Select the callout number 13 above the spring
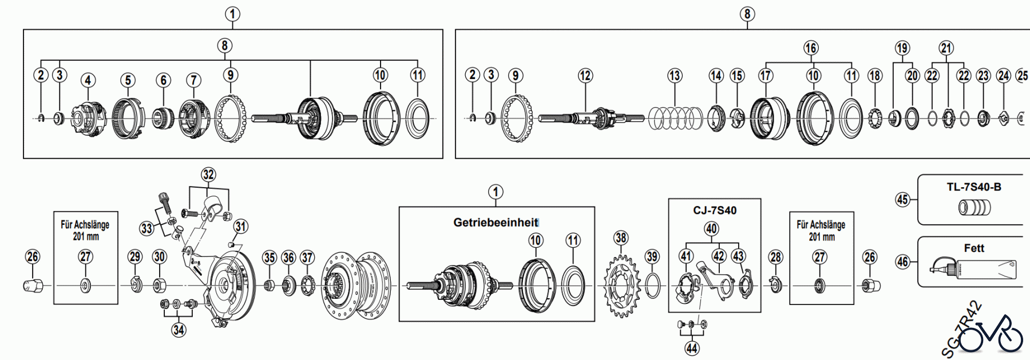coord(675,76)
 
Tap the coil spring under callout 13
coord(675,118)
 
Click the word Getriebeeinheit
coord(496,223)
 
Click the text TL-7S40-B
coord(974,187)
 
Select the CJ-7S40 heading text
coord(715,210)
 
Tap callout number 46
coord(902,262)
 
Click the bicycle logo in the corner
coord(990,335)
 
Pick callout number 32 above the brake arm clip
coord(208,175)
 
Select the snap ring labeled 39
coord(652,285)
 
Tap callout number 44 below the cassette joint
coord(692,348)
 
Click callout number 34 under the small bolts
coord(179,330)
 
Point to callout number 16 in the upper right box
coord(810,48)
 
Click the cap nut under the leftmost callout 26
coord(32,285)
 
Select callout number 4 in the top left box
coord(88,80)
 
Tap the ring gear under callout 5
coord(128,118)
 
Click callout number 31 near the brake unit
coord(241,227)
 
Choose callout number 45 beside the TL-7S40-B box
coord(902,199)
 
